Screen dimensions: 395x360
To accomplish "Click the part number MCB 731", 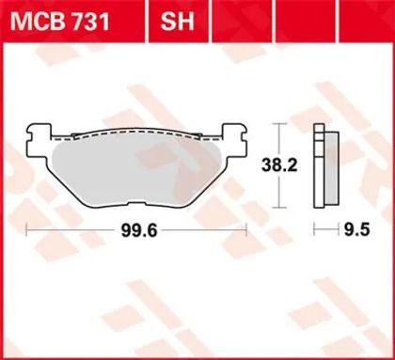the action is tap(60, 22).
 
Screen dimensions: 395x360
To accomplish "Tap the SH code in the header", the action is tap(177, 22).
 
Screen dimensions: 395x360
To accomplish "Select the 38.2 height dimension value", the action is tap(279, 165).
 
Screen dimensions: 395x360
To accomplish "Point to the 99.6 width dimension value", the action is tap(139, 231).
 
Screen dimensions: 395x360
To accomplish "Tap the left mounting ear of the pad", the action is tap(39, 141).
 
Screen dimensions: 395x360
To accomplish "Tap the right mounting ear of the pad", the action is tap(234, 141).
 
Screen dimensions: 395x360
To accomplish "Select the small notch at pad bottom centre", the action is tap(137, 204).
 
